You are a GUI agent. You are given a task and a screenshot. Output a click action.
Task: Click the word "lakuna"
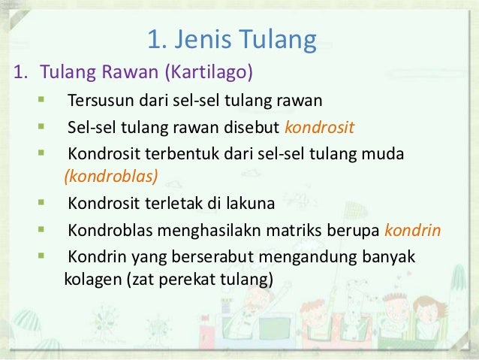(x=248, y=204)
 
